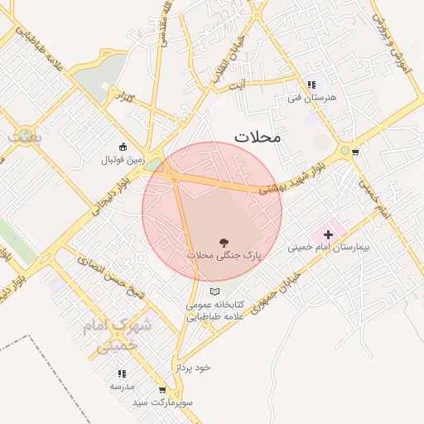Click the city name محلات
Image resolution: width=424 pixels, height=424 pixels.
pyautogui.click(x=258, y=137)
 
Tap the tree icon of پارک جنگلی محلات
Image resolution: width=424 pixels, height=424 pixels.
pyautogui.click(x=224, y=243)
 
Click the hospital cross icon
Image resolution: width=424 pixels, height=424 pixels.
pyautogui.click(x=328, y=234)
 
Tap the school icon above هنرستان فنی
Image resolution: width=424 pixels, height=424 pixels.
pyautogui.click(x=311, y=84)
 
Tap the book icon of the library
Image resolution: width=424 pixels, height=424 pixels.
pyautogui.click(x=215, y=291)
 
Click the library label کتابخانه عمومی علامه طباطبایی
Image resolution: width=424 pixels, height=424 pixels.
pyautogui.click(x=210, y=311)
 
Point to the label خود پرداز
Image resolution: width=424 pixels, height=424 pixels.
pyautogui.click(x=194, y=367)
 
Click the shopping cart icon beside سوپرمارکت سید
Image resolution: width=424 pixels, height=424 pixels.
pyautogui.click(x=161, y=389)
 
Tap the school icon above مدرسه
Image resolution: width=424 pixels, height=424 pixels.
pyautogui.click(x=122, y=373)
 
